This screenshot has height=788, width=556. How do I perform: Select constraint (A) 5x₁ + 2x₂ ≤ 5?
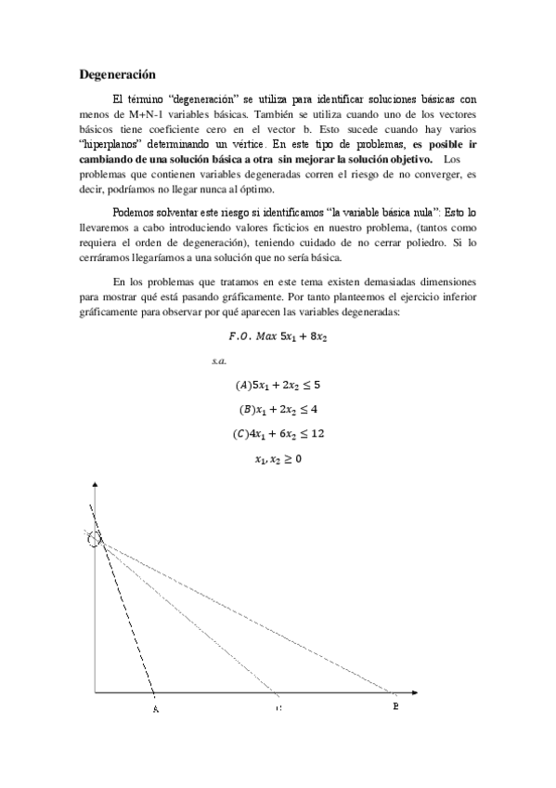coord(278,384)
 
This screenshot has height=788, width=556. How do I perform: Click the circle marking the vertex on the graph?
coord(94,538)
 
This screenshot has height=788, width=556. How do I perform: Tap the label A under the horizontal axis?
coord(154,710)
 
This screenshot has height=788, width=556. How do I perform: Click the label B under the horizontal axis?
coord(396,707)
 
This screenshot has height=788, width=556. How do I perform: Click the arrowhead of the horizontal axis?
coord(423,693)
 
